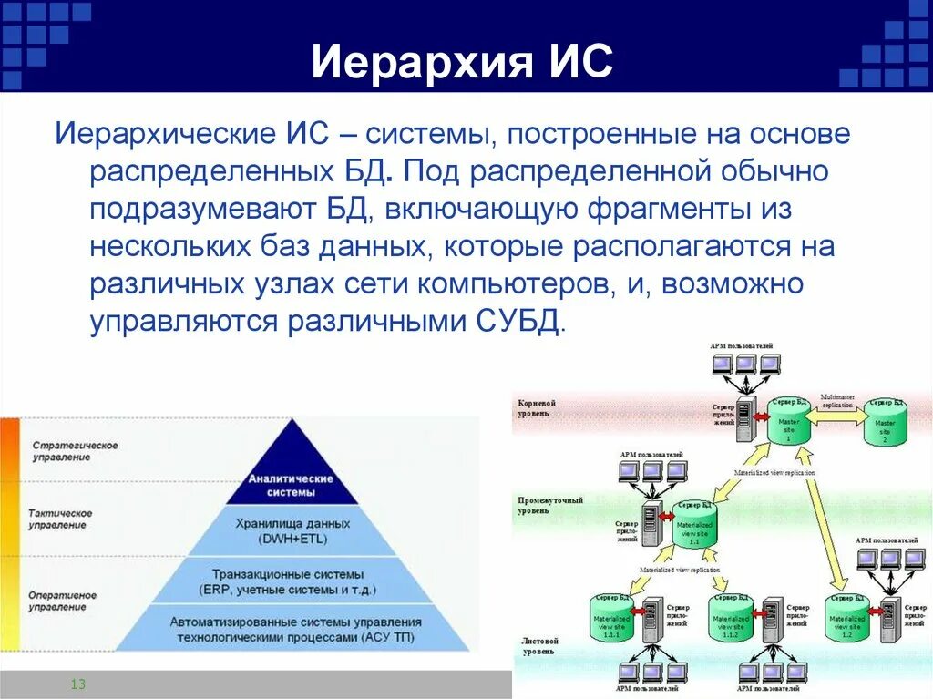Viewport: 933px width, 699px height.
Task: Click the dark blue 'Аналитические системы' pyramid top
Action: [x=292, y=485]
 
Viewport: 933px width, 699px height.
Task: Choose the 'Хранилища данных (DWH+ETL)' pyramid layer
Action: [x=292, y=531]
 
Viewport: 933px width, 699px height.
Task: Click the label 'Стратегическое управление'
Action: [x=75, y=450]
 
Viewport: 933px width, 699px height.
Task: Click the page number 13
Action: [x=77, y=684]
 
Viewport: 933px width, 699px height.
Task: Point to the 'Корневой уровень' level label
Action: [x=537, y=408]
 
